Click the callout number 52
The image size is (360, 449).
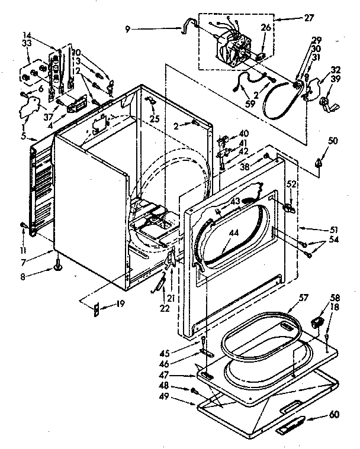[x=291, y=184]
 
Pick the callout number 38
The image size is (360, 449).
[x=245, y=167]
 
